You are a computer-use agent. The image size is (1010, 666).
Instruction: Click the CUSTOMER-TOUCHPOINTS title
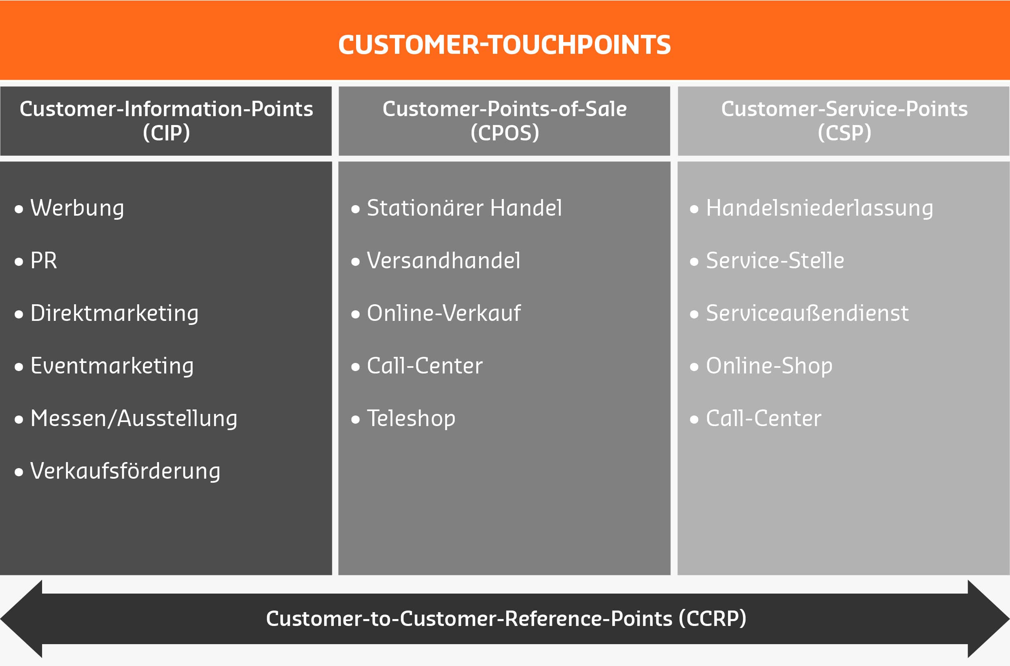point(504,45)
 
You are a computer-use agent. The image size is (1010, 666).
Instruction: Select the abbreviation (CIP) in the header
point(166,133)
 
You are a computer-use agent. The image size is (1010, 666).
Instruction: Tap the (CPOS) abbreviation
point(505,133)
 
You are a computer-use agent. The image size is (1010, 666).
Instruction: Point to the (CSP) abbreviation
point(844,133)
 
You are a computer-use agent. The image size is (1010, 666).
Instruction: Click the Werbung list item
point(77,208)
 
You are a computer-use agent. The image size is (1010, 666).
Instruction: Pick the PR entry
point(43,261)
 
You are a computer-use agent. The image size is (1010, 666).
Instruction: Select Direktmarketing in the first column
point(114,314)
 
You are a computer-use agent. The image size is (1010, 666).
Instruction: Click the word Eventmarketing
point(112,366)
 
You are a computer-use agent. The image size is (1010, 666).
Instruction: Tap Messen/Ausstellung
point(134,419)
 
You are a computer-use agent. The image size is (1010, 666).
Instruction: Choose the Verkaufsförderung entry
point(125,471)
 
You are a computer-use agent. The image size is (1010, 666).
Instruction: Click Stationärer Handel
point(464,208)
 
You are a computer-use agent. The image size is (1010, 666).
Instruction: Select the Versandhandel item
point(443,261)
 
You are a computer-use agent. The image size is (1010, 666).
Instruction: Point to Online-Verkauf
point(443,314)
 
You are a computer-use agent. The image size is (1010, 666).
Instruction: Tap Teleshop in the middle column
point(411,419)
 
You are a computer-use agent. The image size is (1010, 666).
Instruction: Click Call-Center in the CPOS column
point(425,366)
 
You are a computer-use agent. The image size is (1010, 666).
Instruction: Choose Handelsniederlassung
point(819,208)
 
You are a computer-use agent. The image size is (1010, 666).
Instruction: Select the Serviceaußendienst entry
point(807,314)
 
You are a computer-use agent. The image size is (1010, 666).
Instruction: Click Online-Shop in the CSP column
point(769,366)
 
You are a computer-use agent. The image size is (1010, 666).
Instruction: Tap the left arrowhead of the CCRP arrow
point(21,619)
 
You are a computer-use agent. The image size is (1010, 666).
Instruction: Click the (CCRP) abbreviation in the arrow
point(712,619)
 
